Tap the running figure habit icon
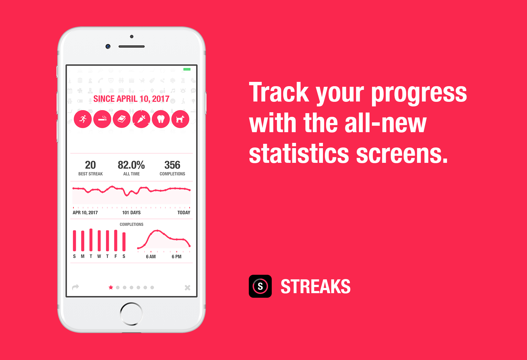83,119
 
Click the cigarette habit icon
102,119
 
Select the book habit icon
122,119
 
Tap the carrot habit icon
141,119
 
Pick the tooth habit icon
161,119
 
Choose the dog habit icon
180,119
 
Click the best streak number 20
90,165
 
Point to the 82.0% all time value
131,165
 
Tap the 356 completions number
172,165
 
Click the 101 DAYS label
131,213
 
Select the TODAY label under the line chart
184,213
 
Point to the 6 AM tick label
151,257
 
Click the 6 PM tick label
176,257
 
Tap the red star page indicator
111,287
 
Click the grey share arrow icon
75,287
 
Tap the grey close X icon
188,288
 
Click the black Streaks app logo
260,286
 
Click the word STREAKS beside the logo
316,286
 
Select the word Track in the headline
279,92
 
